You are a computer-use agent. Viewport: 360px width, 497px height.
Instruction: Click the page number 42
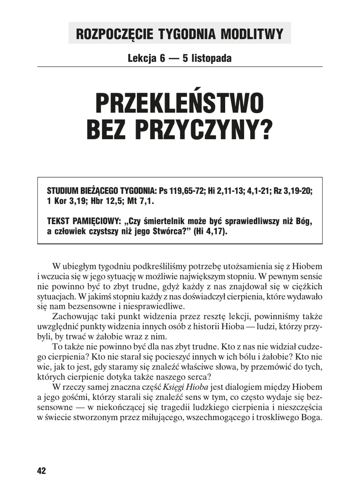(x=41, y=471)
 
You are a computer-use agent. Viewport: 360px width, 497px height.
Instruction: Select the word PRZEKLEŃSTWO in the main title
(x=180, y=103)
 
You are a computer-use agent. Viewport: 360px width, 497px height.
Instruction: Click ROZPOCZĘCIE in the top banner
(x=112, y=34)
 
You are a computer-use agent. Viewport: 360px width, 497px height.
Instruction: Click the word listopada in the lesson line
(x=212, y=59)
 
